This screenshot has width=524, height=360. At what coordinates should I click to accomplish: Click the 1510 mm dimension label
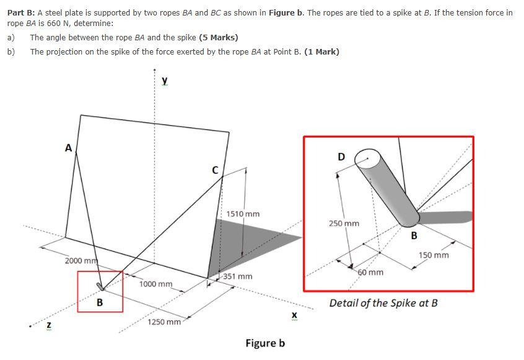pos(243,214)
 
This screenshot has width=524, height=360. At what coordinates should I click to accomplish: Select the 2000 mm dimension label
pos(79,260)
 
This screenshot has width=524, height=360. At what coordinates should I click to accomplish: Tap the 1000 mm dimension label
pos(156,284)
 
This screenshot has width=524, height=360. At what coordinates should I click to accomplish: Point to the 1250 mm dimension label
pos(164,322)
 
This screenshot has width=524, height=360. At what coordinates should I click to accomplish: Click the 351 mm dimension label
pos(238,276)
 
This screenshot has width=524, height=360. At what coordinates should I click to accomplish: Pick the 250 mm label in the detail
pos(344,223)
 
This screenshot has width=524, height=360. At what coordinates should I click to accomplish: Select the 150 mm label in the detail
pos(434,255)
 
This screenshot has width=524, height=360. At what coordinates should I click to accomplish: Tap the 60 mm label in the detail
pos(370,272)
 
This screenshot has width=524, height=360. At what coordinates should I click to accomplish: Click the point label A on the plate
pos(68,147)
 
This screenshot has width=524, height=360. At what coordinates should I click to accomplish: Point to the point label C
pos(215,170)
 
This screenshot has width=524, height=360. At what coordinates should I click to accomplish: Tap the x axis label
pos(294,316)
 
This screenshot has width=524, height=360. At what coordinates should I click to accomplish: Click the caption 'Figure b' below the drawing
pos(265,343)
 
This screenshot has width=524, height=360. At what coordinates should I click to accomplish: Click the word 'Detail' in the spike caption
pos(344,303)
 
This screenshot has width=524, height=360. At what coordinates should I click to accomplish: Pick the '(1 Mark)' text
pos(321,51)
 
